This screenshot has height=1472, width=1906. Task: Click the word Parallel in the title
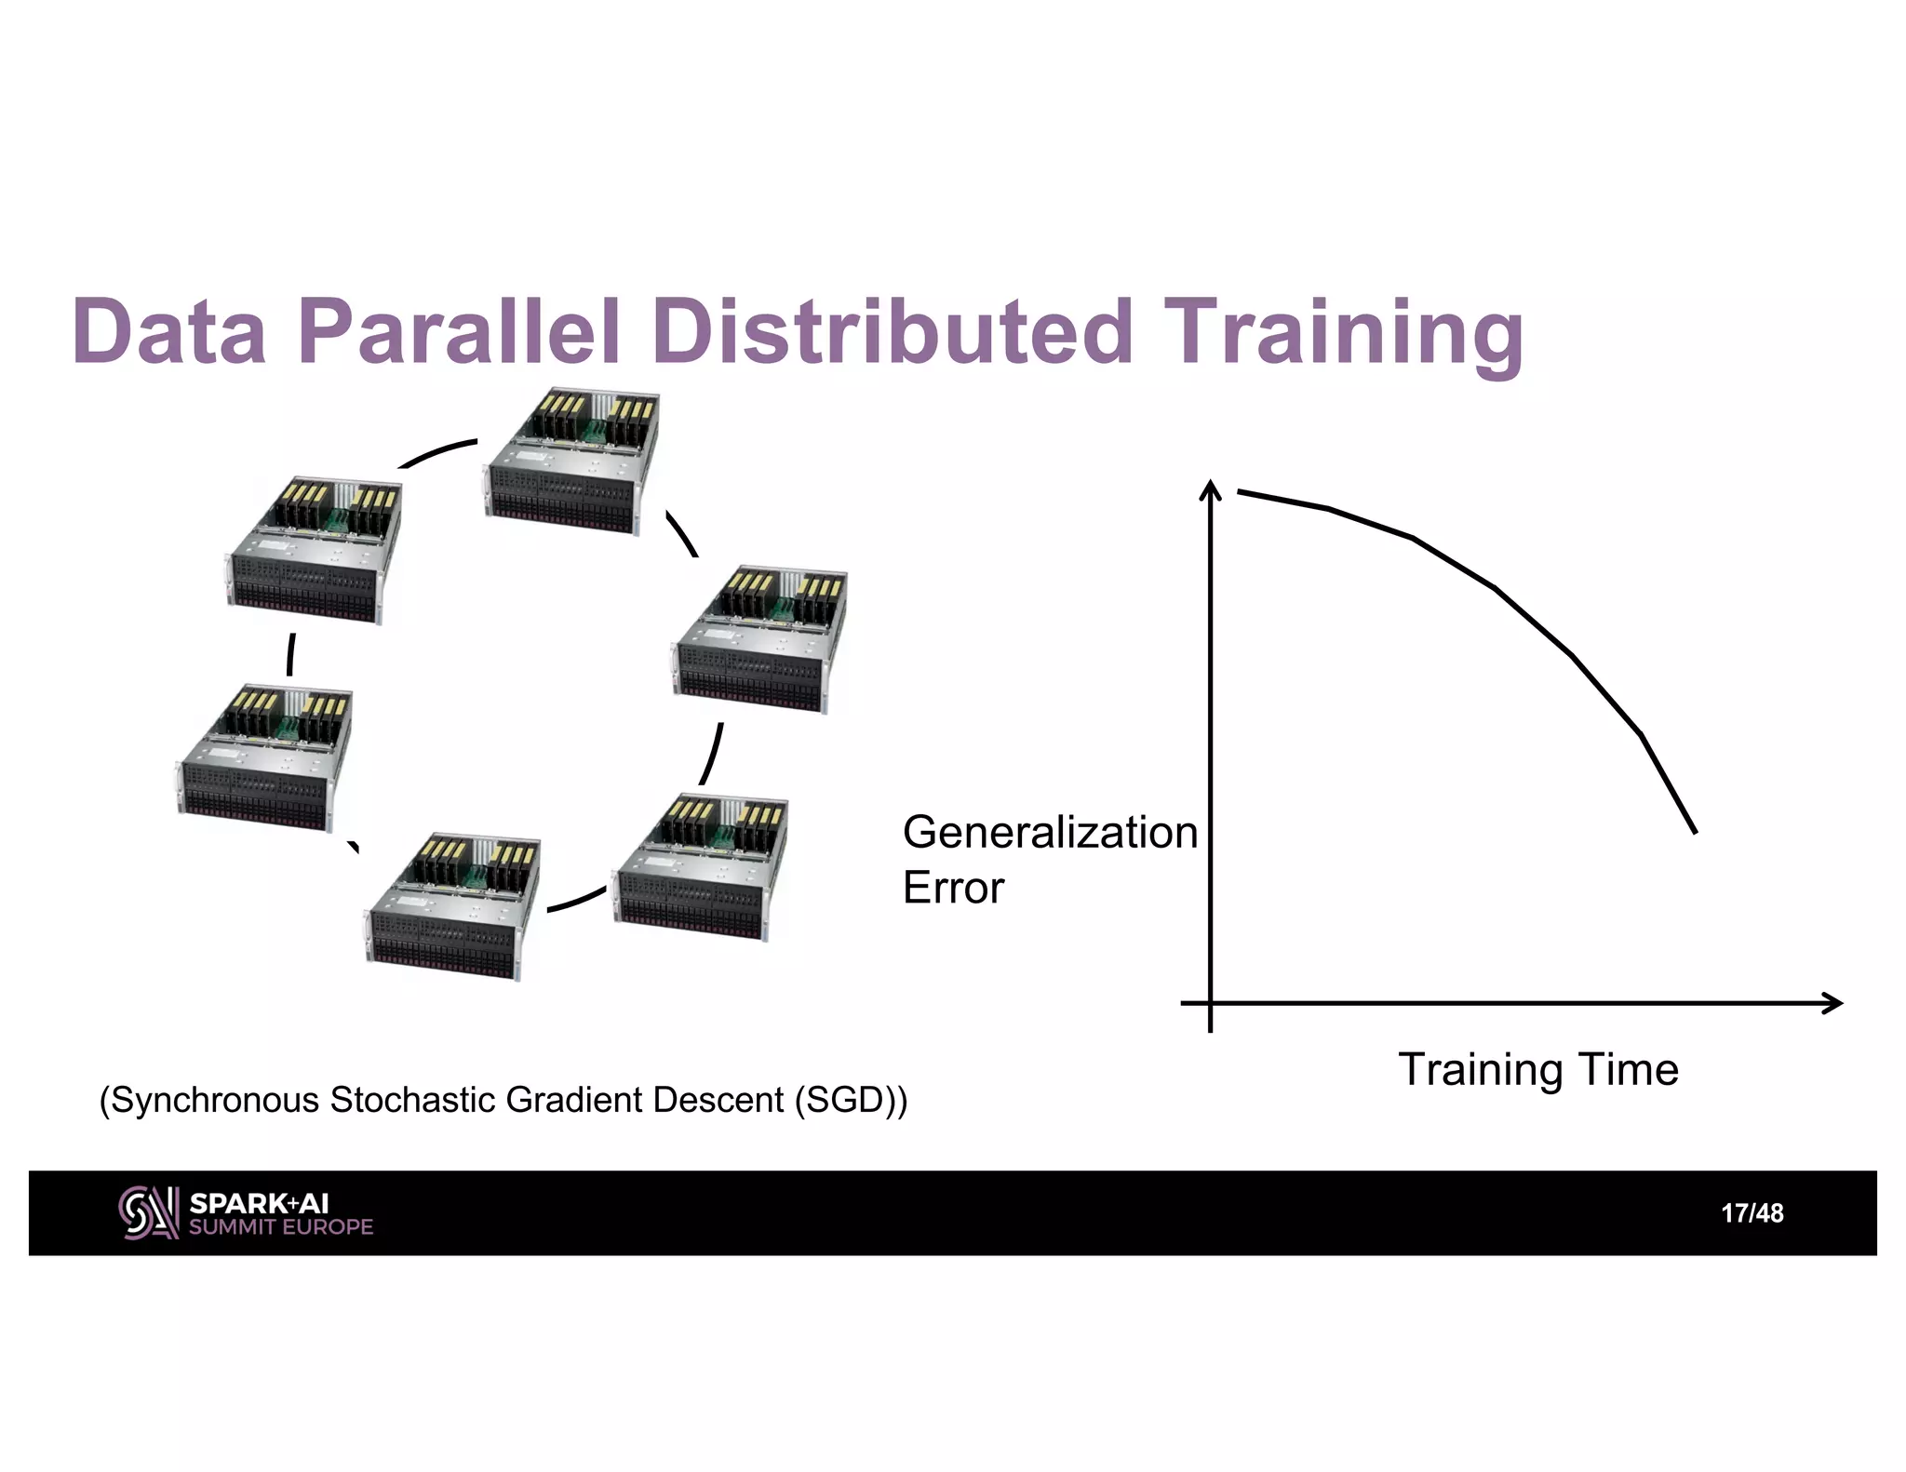coord(458,332)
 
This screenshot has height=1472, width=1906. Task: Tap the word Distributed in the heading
coord(892,332)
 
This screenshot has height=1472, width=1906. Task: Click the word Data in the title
coord(168,332)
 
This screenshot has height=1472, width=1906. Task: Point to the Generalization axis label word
coord(1049,832)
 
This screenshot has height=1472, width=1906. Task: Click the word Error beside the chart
coord(953,888)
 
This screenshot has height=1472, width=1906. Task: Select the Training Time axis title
coord(1537,1069)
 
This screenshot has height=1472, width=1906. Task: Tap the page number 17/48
coord(1752,1213)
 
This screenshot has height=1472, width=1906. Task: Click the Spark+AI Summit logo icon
coord(148,1212)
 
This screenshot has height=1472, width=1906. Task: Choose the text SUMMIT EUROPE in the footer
coord(280,1227)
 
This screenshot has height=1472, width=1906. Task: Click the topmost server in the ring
coord(570,461)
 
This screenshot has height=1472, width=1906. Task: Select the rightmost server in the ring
coord(758,639)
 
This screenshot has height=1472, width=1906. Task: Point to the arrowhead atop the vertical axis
coord(1210,488)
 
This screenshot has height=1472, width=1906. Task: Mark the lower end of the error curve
coord(1694,830)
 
